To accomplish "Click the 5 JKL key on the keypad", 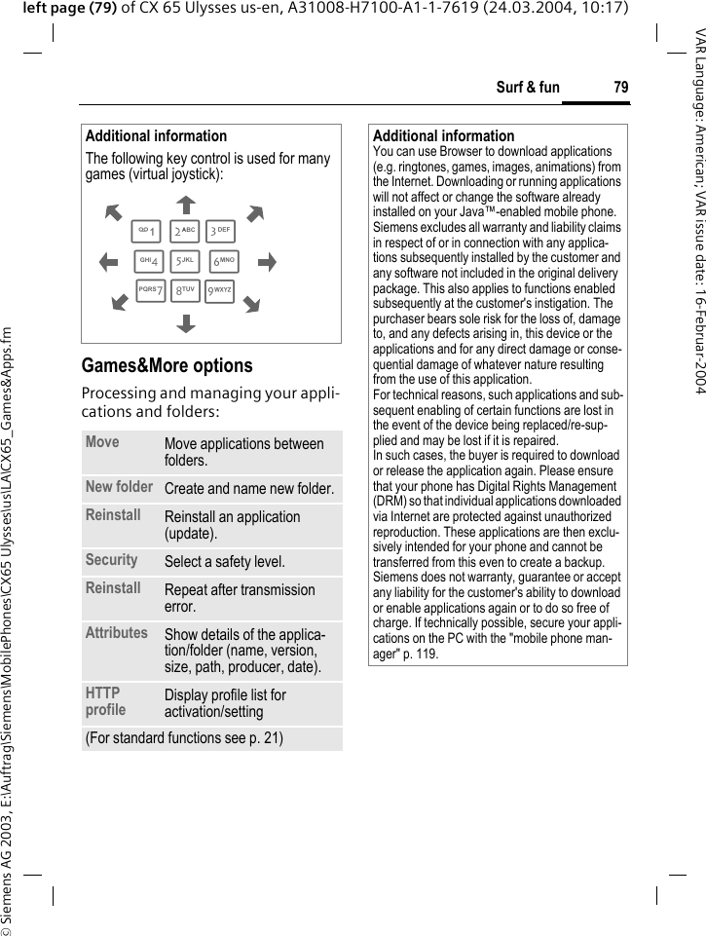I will [x=185, y=262].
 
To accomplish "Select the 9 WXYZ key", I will [x=220, y=291].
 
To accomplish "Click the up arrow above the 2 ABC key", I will [x=185, y=204].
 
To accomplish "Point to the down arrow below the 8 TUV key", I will [x=185, y=322].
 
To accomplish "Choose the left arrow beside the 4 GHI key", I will [x=108, y=262].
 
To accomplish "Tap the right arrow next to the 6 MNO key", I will [x=265, y=262].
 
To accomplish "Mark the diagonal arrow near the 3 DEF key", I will [x=255, y=213].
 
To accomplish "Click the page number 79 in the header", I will [x=620, y=88].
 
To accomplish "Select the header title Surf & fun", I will [x=528, y=88].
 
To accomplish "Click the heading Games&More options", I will [x=167, y=366].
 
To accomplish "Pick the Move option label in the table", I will [x=102, y=442].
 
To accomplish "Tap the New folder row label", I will [x=119, y=486].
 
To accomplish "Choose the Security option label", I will [x=111, y=560].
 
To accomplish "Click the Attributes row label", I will [x=116, y=632].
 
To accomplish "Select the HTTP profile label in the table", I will [x=105, y=701].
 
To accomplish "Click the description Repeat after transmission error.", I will [x=240, y=598].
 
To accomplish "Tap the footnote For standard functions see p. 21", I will [x=184, y=738].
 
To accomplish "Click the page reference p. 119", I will [x=420, y=654].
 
